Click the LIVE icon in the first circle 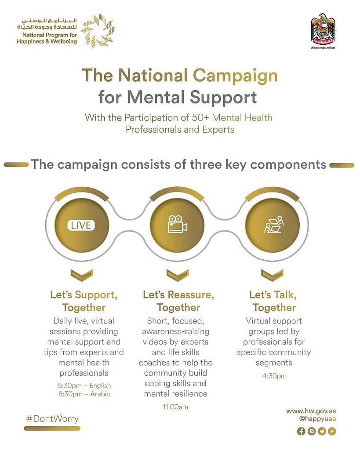(82, 225)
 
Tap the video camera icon (177, 225)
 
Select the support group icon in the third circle (273, 225)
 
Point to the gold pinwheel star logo (98, 31)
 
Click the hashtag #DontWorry (52, 418)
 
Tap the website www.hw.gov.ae (311, 410)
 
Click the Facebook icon (301, 431)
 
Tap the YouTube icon (332, 431)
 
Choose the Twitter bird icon (322, 431)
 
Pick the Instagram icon (311, 431)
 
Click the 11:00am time (175, 407)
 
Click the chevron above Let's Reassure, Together (177, 275)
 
